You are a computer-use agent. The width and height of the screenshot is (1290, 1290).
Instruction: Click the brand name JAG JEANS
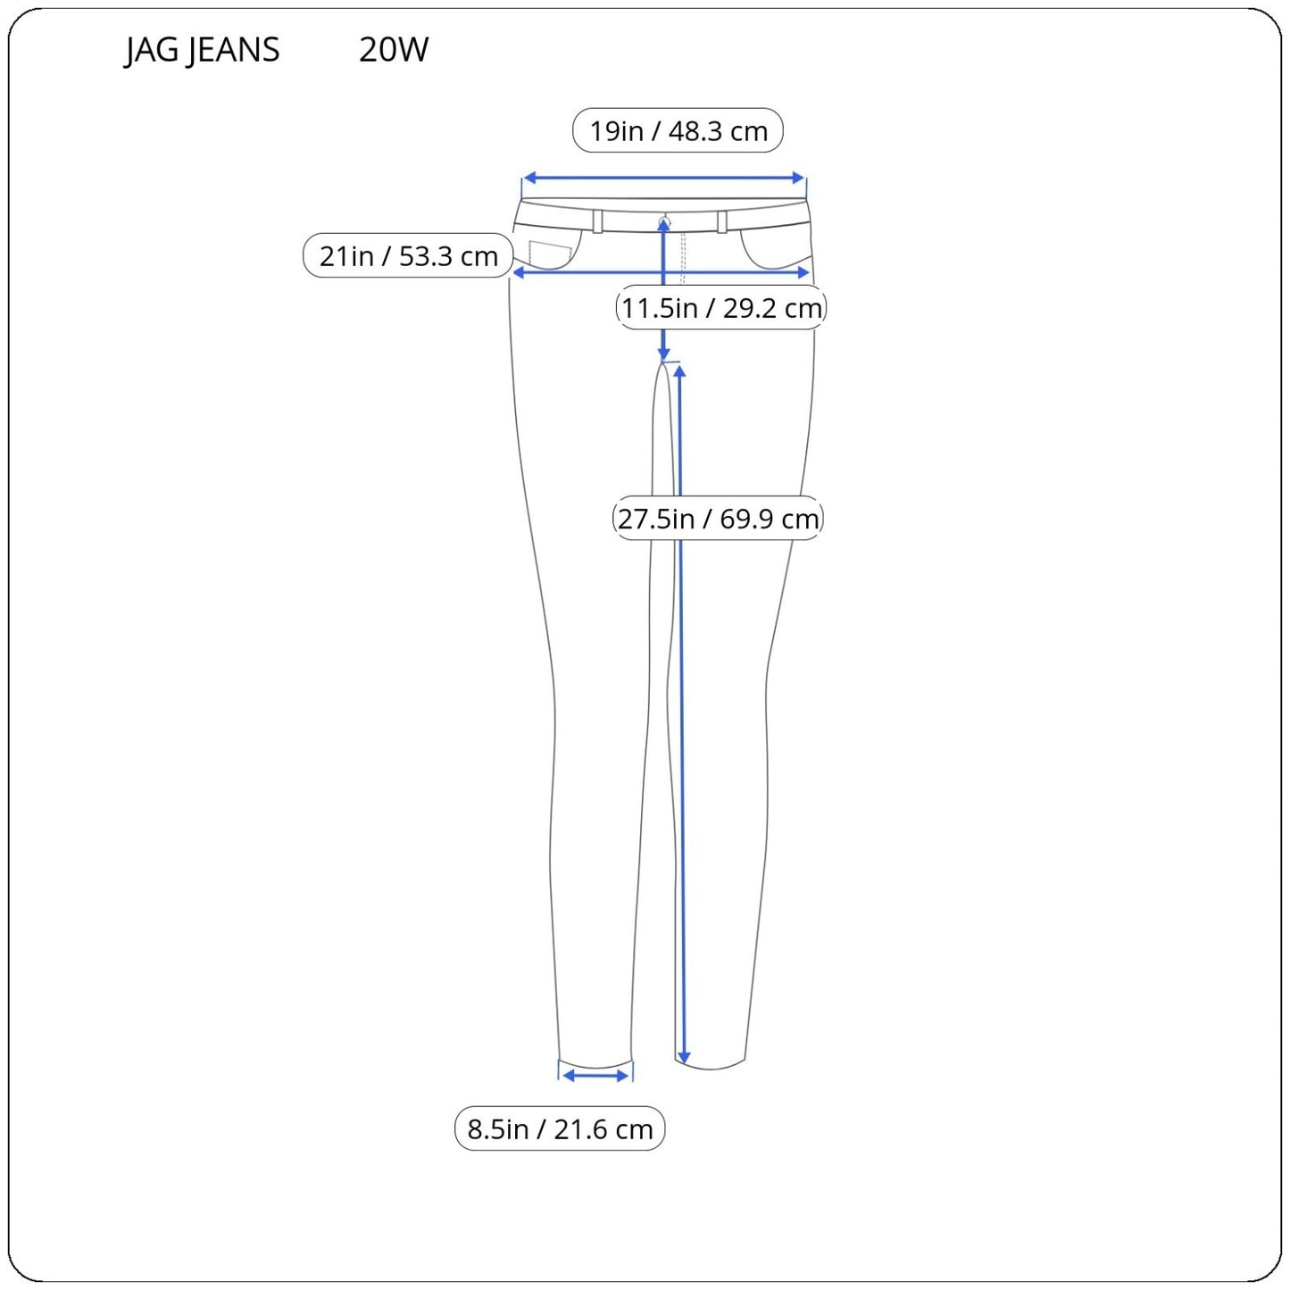pos(202,50)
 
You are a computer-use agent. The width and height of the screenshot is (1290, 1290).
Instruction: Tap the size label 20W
pos(394,50)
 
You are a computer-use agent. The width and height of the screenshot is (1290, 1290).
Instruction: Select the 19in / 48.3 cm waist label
pos(678,131)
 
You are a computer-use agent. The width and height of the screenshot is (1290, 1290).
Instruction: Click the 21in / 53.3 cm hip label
pos(408,256)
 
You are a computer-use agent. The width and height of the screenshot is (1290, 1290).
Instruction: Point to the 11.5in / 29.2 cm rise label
pos(720,308)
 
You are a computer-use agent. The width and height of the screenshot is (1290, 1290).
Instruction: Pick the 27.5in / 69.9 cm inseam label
pos(718,519)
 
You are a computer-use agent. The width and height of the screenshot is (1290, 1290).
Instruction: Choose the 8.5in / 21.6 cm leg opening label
pos(560,1129)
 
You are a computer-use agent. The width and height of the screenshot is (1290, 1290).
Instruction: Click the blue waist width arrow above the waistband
pos(664,179)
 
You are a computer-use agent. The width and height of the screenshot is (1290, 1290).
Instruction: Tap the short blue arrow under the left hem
pos(596,1076)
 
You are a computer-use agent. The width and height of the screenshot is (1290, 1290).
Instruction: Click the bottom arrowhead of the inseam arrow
pos(683,1058)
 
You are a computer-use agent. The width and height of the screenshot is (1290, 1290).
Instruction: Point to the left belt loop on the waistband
pos(597,221)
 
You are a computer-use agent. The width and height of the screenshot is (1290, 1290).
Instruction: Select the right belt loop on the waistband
pos(721,221)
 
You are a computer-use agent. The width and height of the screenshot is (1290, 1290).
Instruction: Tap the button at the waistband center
pos(663,220)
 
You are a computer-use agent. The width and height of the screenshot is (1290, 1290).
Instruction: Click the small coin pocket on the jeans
pos(550,254)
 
